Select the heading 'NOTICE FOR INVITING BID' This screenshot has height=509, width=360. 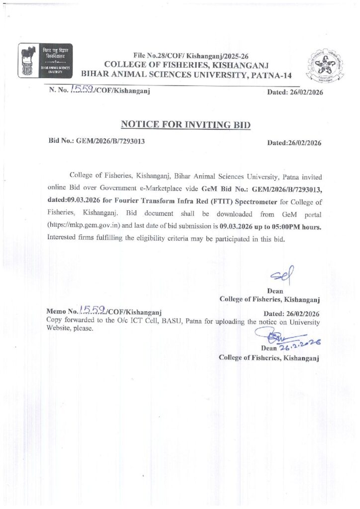[x=186, y=124]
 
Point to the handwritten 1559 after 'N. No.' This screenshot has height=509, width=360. [x=79, y=90]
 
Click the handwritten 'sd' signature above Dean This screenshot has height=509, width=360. [x=282, y=272]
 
